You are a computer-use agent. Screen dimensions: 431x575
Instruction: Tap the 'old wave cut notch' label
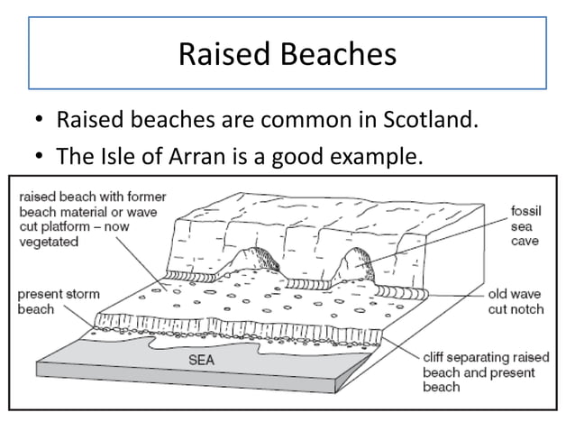click(516, 300)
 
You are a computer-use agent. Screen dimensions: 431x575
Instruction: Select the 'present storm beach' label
click(56, 301)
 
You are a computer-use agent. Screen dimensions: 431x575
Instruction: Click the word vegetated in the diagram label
click(48, 242)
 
